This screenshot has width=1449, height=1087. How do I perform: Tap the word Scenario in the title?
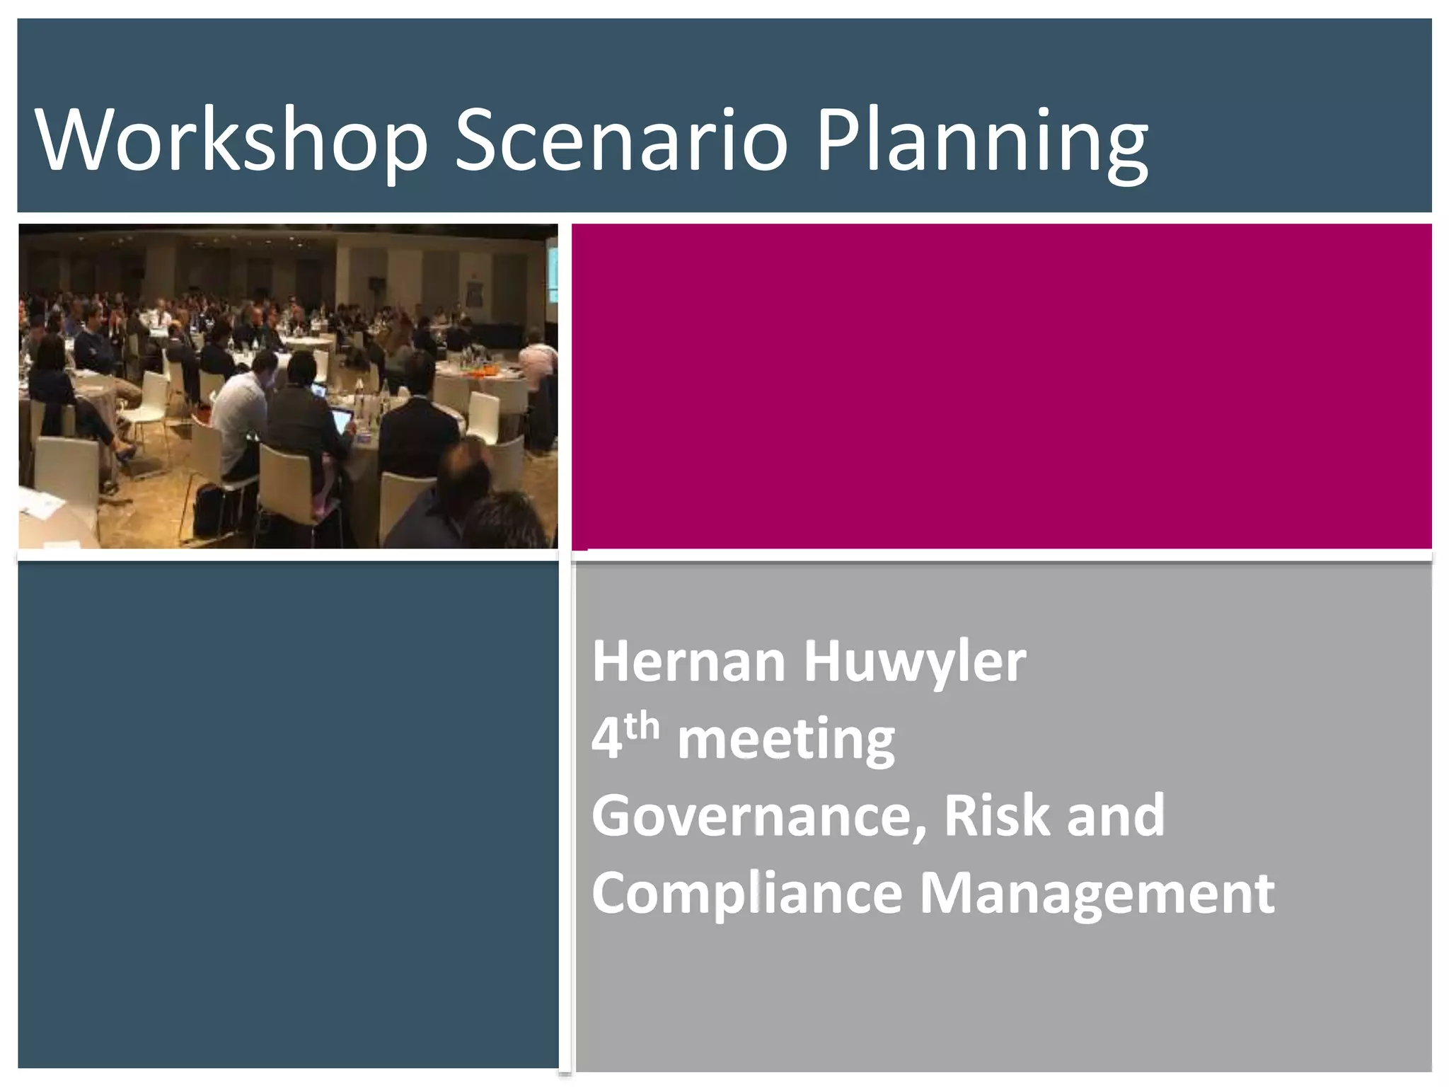pyautogui.click(x=621, y=139)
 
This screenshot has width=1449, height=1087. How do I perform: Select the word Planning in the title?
pyautogui.click(x=982, y=142)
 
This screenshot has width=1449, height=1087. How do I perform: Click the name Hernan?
pyautogui.click(x=688, y=662)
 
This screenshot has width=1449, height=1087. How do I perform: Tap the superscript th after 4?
pyautogui.click(x=642, y=727)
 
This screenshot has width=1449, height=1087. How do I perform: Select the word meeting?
pyautogui.click(x=786, y=740)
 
